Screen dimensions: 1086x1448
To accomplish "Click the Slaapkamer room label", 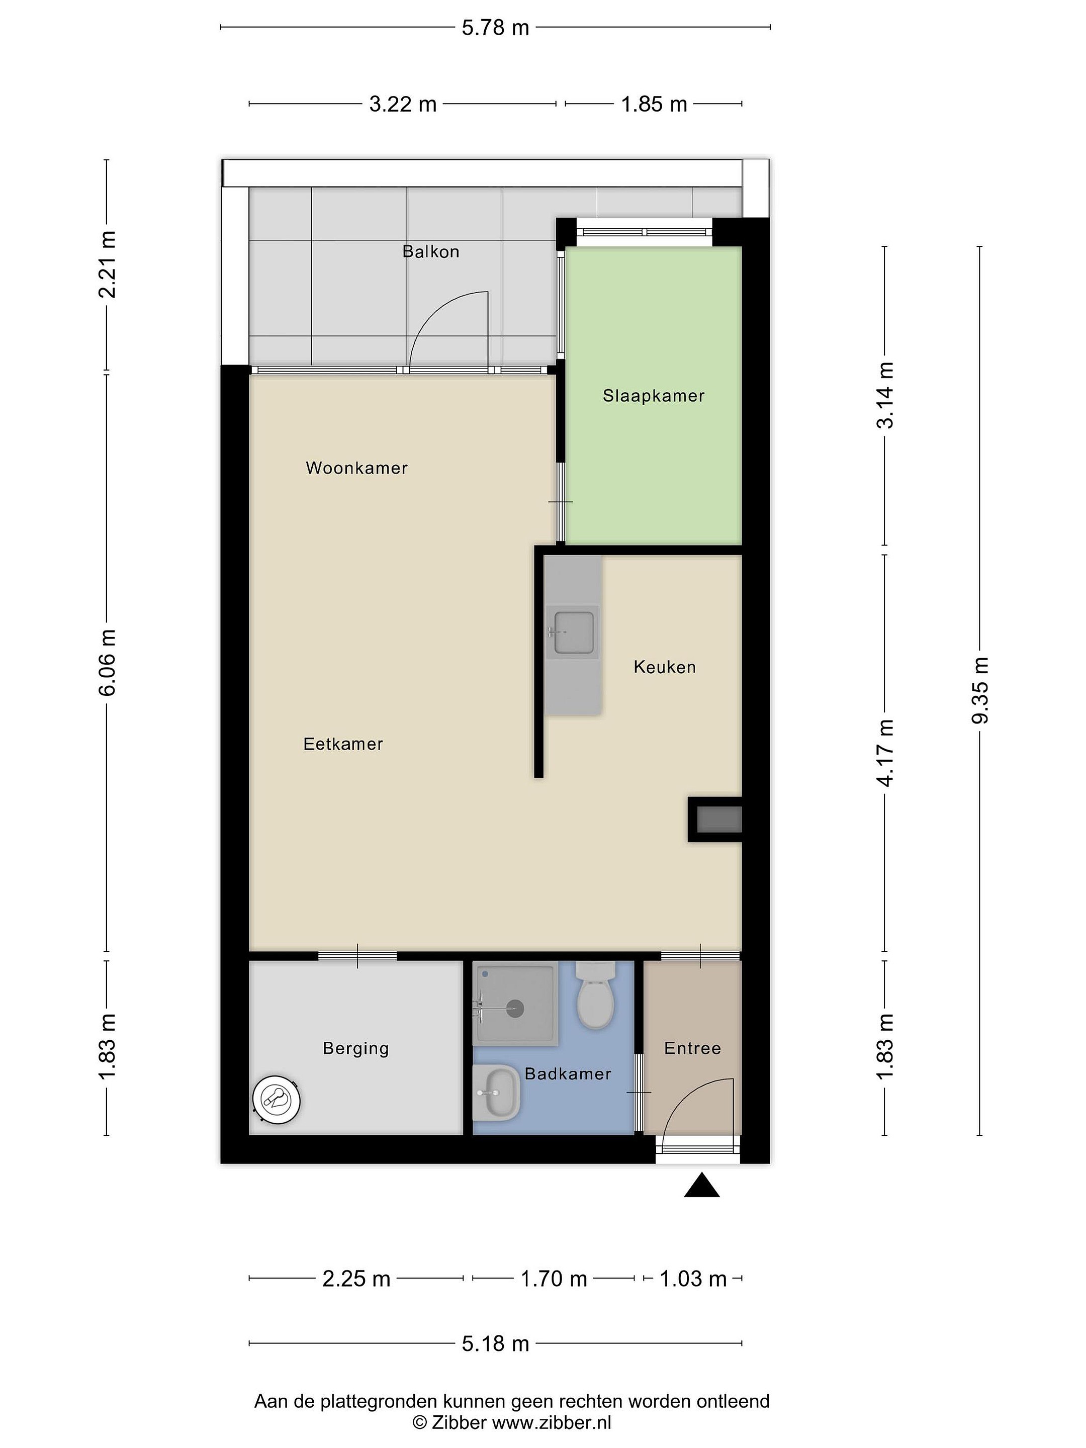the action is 653,396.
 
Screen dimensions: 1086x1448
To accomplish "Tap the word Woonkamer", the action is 357,468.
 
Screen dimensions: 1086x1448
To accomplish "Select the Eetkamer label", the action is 343,744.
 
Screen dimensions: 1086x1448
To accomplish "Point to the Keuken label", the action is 665,667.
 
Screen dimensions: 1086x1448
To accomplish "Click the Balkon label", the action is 431,251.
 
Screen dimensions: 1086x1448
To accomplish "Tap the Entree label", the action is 693,1048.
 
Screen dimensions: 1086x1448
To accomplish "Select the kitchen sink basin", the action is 574,633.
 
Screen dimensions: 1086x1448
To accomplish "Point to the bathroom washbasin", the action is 496,1093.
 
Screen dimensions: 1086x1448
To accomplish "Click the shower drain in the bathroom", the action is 515,1009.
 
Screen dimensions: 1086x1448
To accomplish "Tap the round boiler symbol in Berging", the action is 277,1099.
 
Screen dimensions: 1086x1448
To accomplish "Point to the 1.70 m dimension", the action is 553,1279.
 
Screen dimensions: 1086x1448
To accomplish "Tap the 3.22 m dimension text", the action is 403,104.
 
